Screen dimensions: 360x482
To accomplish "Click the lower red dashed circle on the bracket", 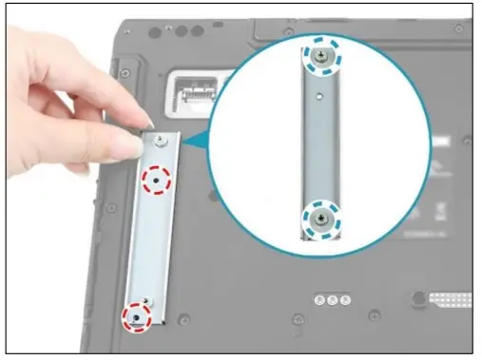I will pos(138,314).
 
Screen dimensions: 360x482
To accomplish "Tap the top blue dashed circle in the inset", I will pos(320,58).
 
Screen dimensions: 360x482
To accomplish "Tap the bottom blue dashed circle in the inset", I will pos(319,220).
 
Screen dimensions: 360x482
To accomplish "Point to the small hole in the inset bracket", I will pos(321,94).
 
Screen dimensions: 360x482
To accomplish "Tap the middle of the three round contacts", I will pos(330,300).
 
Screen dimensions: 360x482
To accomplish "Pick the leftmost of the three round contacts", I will pos(318,300).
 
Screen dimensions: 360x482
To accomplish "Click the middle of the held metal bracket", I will pos(148,233).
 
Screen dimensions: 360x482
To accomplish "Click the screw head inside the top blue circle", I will pos(320,58).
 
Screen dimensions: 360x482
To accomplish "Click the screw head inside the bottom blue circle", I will pos(319,220).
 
